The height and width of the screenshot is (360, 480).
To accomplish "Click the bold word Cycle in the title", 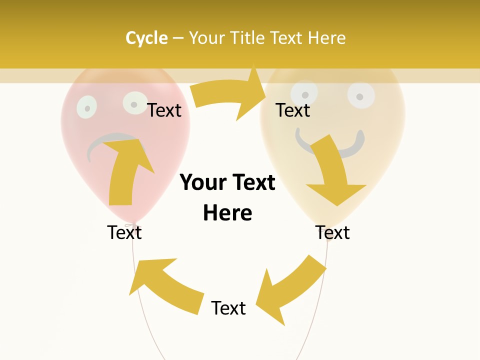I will (x=146, y=38).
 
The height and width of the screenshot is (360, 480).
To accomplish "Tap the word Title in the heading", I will (x=246, y=38).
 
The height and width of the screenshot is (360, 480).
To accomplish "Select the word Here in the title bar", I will (x=326, y=38).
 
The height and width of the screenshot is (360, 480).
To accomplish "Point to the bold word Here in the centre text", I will (x=227, y=213).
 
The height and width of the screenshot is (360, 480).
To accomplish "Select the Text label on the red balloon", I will (x=164, y=110).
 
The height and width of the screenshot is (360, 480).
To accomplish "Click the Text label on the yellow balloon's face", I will (x=293, y=110).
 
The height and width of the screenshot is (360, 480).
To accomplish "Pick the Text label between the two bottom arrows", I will (x=228, y=308).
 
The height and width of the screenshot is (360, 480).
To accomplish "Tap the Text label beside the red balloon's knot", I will (x=124, y=232).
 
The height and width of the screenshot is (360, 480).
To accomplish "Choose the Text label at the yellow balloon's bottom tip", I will (x=332, y=232).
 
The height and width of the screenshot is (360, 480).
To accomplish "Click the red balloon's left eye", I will (x=86, y=106).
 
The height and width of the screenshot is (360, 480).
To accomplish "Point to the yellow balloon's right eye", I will (x=361, y=94).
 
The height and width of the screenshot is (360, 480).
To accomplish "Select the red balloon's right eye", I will (x=134, y=103).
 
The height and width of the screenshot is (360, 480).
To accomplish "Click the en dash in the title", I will (x=178, y=38).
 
